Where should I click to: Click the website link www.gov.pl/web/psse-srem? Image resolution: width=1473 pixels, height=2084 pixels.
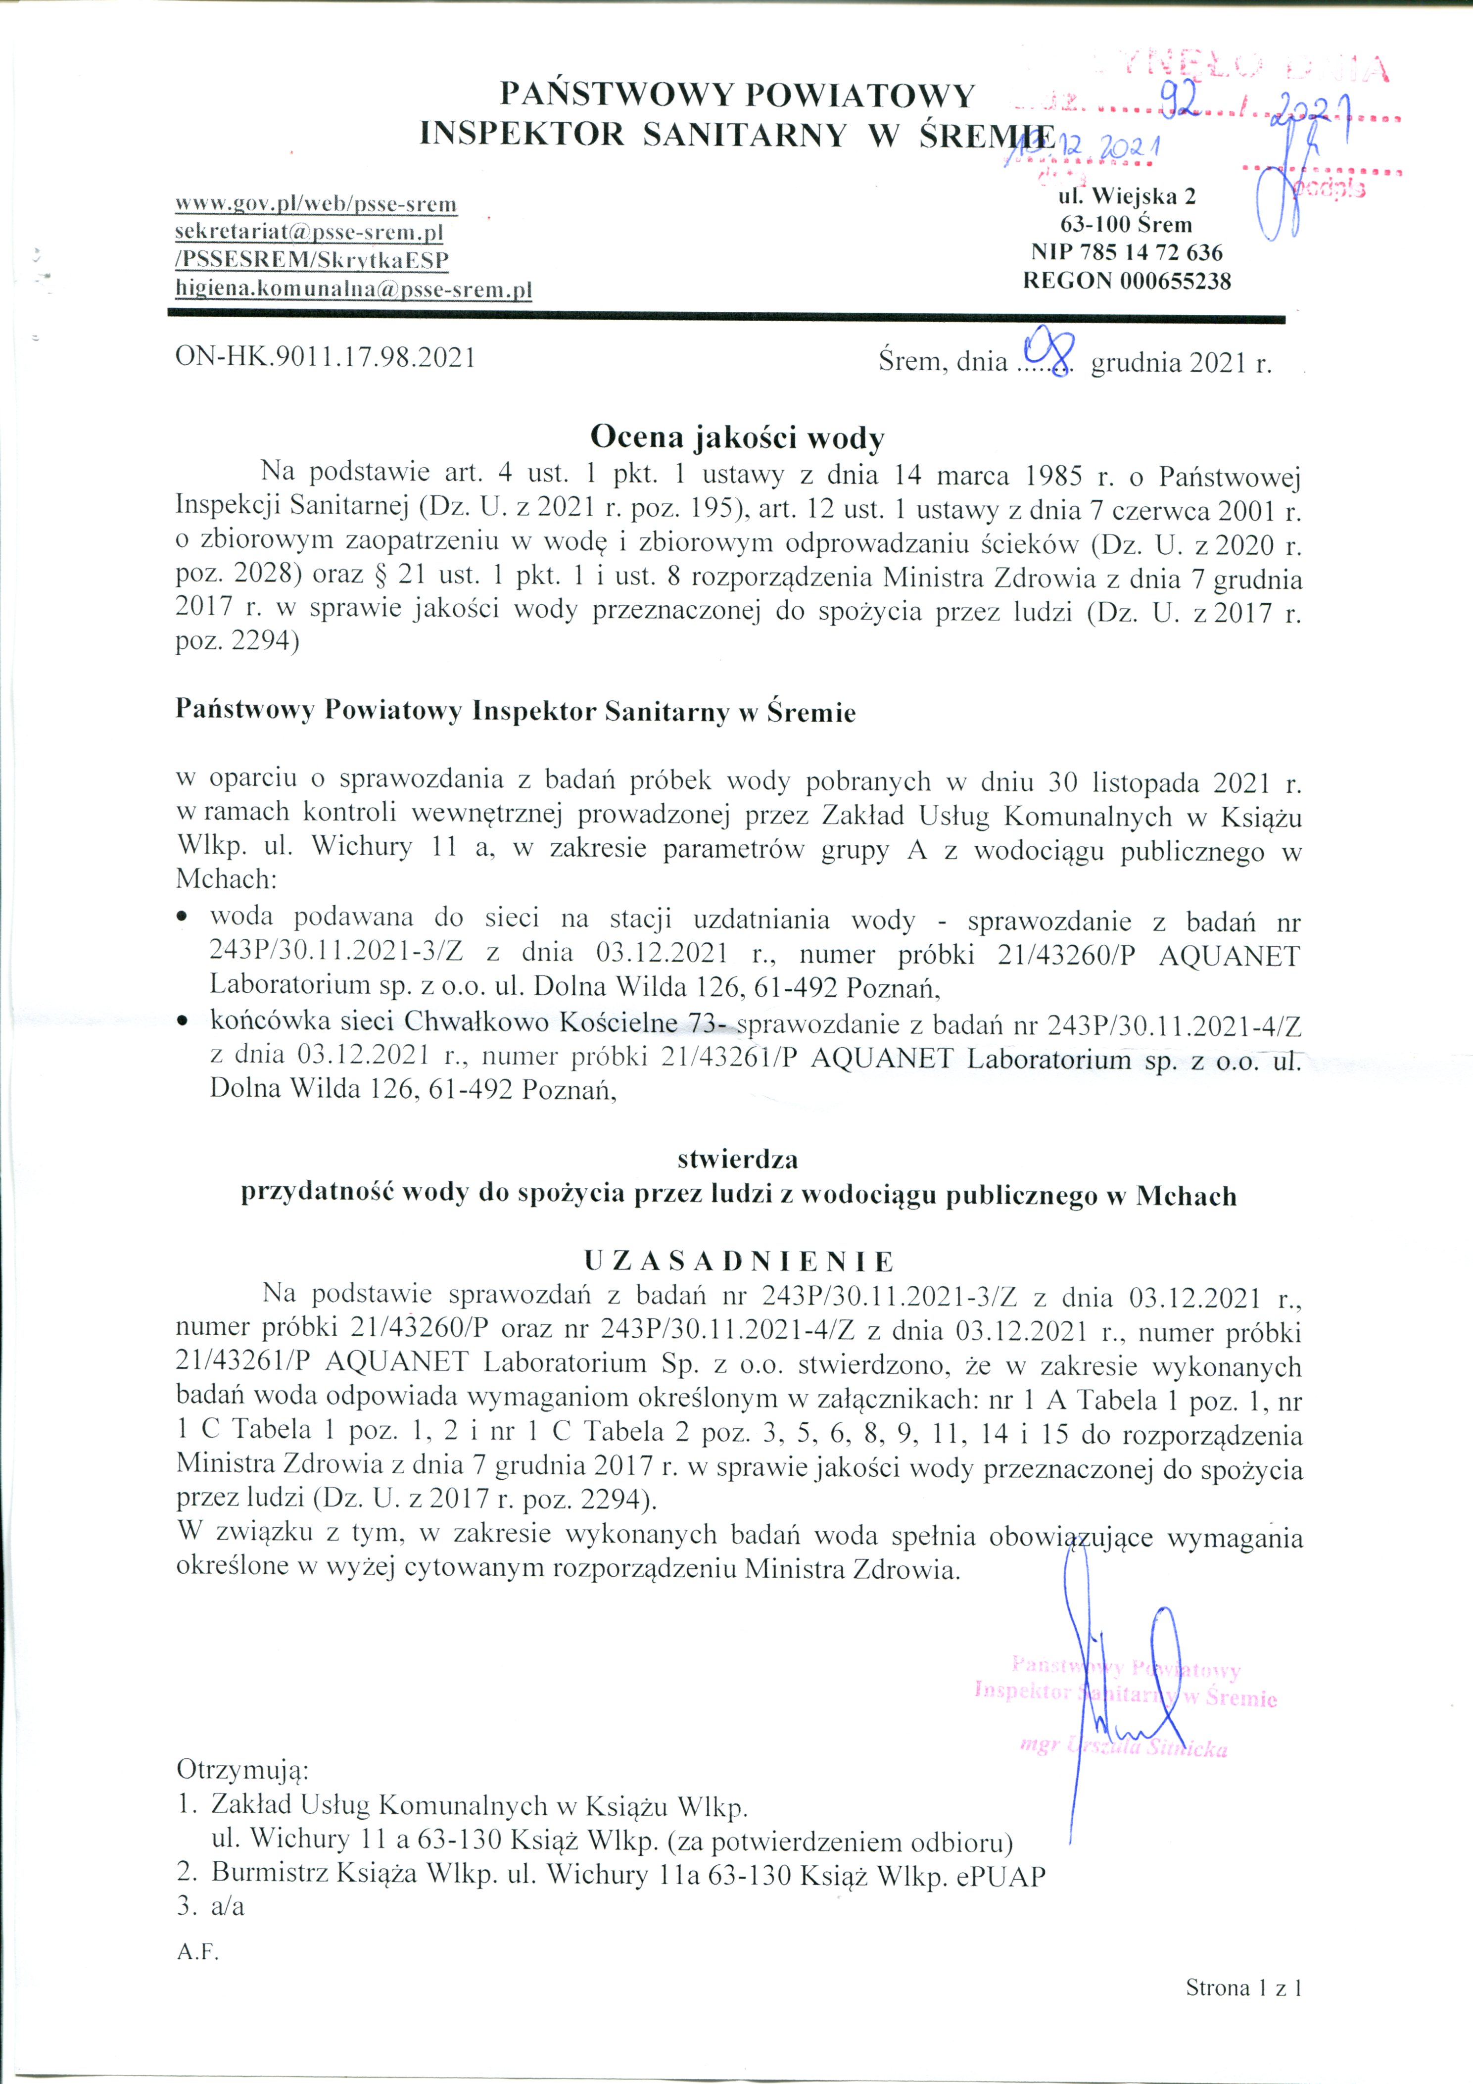pos(316,203)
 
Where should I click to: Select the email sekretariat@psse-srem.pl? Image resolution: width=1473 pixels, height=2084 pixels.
pos(309,233)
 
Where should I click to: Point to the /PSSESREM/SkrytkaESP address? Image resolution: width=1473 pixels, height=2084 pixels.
pos(312,261)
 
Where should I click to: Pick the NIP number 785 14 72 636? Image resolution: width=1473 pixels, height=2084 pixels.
pos(1126,252)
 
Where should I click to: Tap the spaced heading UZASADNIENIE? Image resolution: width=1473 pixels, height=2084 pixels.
pos(739,1261)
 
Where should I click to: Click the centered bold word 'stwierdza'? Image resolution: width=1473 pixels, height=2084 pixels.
pos(737,1159)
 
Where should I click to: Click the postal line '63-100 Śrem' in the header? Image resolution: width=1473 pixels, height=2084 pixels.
pos(1126,224)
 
